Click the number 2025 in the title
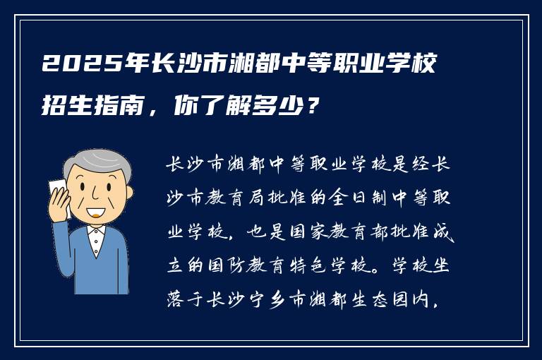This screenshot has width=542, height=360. tap(73, 66)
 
